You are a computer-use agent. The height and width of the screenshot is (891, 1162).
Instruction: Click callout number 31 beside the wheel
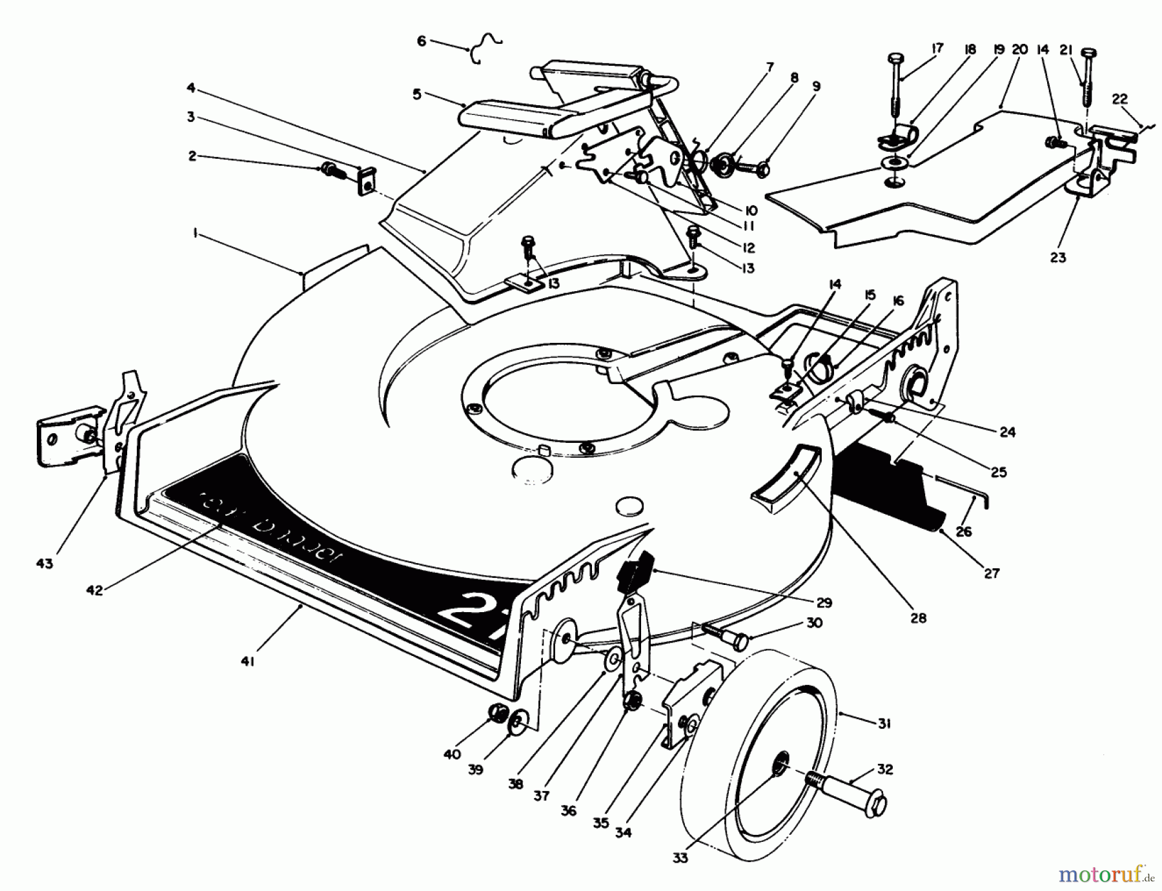point(884,724)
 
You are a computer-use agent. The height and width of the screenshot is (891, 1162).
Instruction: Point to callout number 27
point(991,572)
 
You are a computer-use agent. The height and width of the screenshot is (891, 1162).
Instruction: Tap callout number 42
point(94,589)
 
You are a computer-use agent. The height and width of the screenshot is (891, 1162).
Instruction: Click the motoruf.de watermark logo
point(1105,875)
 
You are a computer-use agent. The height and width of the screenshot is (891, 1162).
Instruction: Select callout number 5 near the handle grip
point(416,94)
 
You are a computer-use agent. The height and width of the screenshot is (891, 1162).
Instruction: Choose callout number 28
point(917,617)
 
